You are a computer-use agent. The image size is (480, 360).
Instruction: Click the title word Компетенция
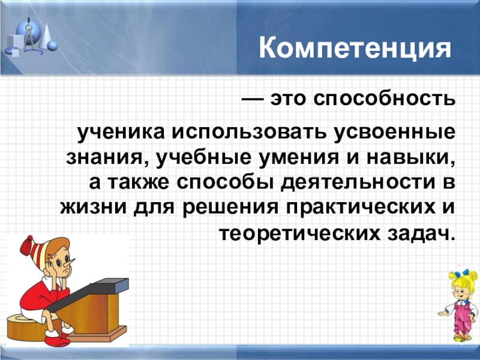[355, 48]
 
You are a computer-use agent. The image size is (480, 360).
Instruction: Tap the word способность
[384, 99]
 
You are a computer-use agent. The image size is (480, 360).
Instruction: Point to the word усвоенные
[395, 134]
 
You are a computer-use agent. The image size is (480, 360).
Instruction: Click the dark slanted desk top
[88, 293]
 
